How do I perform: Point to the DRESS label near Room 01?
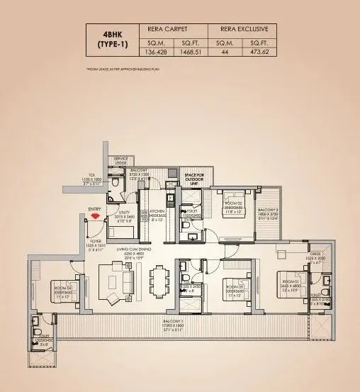click(319, 255)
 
